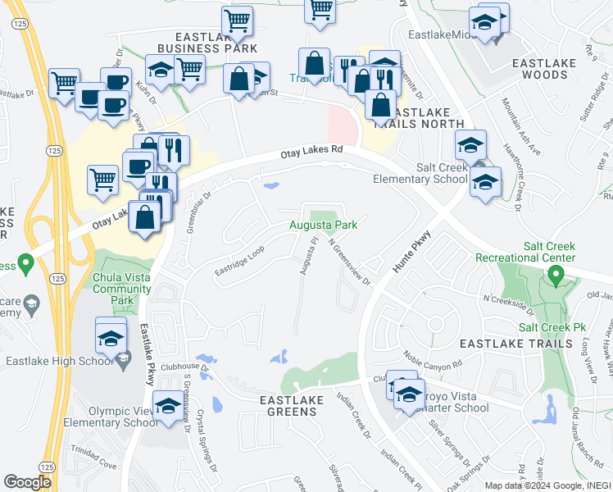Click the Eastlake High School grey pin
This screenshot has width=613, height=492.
coord(123,359)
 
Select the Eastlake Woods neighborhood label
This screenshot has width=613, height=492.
coord(539,68)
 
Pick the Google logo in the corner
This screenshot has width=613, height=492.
coord(27,482)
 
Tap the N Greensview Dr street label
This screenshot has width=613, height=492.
coord(350,262)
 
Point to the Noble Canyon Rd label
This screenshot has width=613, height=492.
coord(433,358)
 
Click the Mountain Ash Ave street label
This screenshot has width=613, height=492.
coord(521,127)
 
